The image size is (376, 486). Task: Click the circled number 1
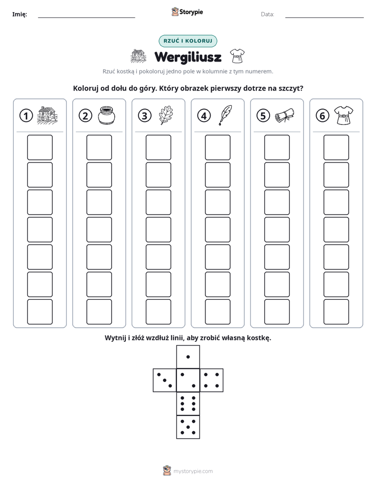click(26, 116)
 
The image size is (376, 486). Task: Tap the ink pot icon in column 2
click(106, 115)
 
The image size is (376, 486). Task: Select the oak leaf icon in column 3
click(166, 115)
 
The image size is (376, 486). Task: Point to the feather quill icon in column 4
click(225, 115)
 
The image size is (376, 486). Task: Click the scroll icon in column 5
click(284, 115)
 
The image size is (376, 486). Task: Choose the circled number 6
click(322, 116)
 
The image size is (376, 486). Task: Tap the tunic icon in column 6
click(344, 115)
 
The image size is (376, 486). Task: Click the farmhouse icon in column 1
click(47, 115)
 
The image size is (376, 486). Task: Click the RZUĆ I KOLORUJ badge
click(188, 41)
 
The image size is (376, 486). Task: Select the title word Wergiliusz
click(188, 57)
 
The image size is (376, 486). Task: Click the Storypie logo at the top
click(187, 12)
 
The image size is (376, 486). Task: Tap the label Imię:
click(19, 14)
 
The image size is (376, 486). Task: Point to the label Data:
click(268, 14)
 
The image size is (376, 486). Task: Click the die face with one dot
click(188, 357)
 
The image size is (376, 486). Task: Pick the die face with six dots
click(188, 403)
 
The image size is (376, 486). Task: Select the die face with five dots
click(188, 427)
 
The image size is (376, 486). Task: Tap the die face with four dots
click(212, 380)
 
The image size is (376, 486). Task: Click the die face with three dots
click(165, 380)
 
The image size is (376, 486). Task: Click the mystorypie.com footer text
click(193, 471)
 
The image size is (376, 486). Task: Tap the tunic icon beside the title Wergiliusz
click(238, 56)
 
